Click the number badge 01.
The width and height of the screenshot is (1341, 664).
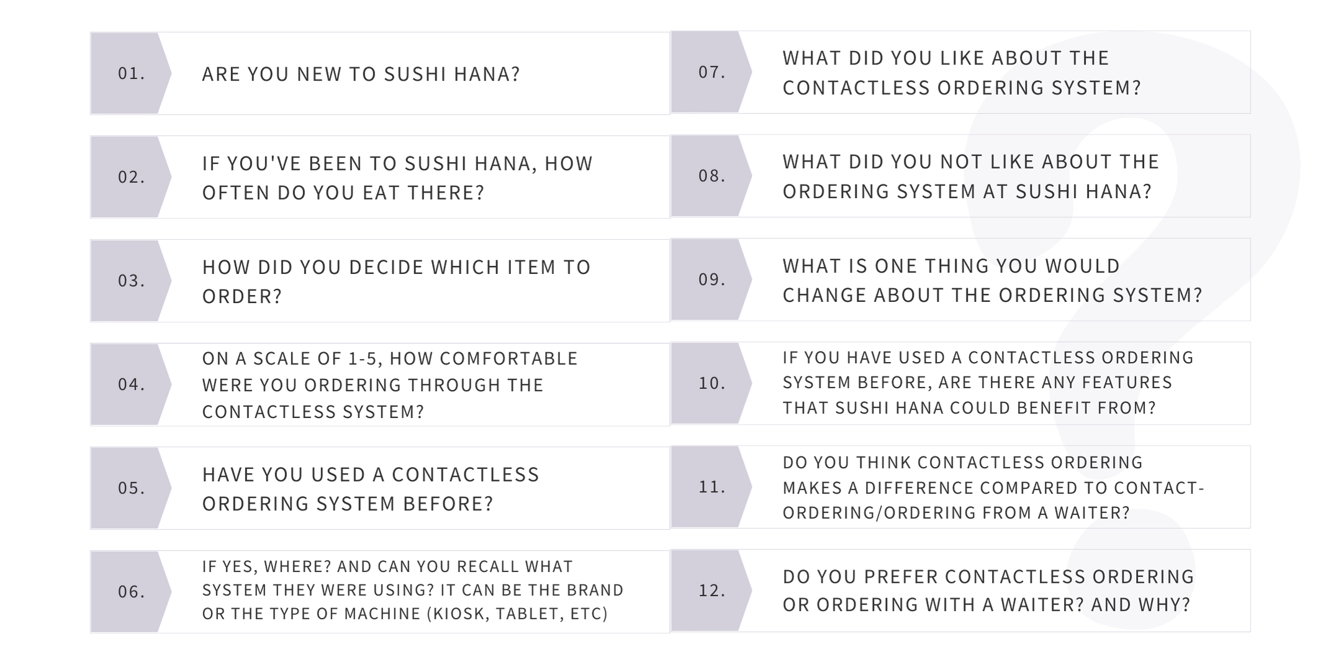[131, 73]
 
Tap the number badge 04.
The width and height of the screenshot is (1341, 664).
[131, 384]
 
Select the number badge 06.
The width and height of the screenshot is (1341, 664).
[131, 591]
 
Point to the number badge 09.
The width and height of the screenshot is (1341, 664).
[711, 280]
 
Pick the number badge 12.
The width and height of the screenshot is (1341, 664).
[711, 590]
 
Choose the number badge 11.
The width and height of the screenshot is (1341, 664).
[711, 486]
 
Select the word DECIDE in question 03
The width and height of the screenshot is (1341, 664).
[387, 267]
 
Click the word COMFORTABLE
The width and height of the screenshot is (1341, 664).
[509, 358]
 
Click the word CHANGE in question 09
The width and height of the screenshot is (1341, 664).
[824, 295]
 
